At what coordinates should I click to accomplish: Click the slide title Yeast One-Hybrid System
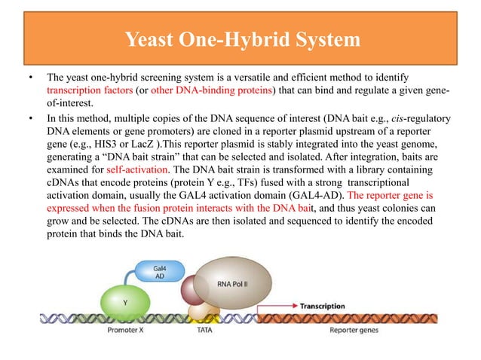[x=240, y=38]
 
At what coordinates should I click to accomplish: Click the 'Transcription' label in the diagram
[x=322, y=307]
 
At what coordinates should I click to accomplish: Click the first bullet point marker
[x=29, y=78]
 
